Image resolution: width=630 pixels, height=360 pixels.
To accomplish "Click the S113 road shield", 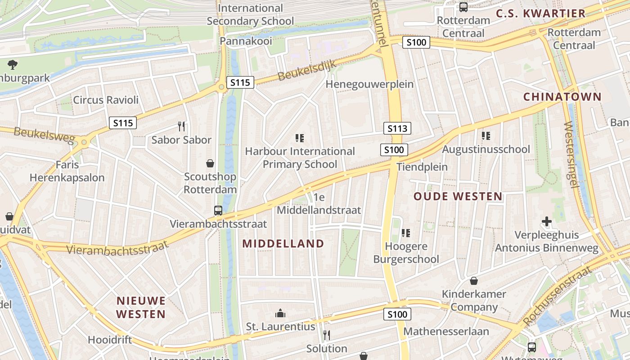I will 397,129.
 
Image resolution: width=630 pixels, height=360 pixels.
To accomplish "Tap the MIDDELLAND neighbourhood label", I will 283,244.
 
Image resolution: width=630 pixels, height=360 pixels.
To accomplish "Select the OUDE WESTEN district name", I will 458,196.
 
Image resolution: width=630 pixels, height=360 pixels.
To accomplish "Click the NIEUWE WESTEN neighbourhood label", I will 141,307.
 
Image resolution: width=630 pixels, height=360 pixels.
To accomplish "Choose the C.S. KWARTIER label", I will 540,13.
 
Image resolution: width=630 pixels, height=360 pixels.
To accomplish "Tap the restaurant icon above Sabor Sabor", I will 181,126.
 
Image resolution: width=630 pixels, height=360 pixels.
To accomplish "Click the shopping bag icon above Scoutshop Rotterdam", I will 210,163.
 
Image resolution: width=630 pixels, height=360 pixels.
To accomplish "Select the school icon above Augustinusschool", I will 486,135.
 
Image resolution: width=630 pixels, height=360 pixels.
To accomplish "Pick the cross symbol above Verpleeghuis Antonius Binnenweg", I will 547,221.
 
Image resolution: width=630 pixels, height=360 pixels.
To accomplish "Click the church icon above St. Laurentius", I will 280,313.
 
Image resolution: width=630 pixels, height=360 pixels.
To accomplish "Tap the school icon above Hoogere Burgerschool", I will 406,233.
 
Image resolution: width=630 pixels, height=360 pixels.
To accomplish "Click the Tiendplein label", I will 422,167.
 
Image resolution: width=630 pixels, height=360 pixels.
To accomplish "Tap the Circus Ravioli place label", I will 106,100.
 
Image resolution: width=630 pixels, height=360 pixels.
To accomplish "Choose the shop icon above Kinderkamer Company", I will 473,281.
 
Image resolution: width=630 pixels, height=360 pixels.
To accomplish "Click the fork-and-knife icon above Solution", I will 327,335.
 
